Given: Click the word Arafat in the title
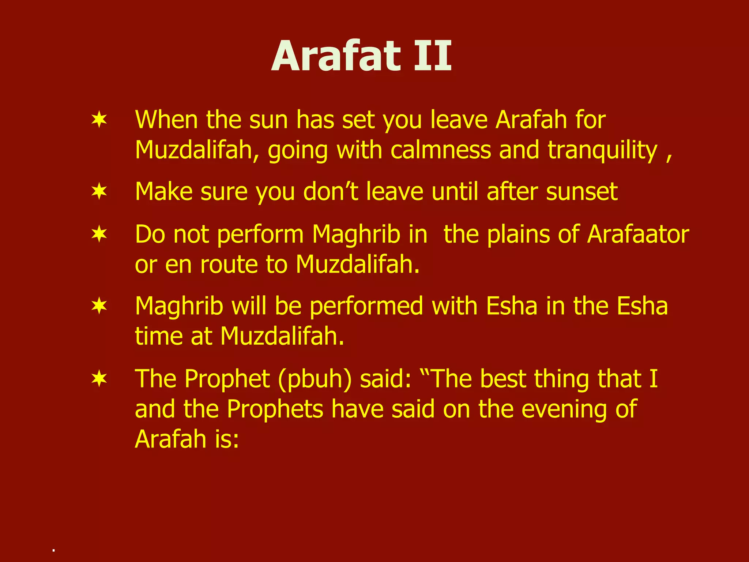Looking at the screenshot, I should tap(336, 57).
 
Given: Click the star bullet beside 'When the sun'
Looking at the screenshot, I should tap(99, 120).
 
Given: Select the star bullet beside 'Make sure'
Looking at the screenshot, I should tap(99, 191).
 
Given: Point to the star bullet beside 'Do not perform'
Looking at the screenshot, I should tap(99, 234).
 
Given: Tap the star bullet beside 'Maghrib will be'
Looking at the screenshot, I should tap(99, 306).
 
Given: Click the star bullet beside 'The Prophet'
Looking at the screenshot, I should tap(99, 378).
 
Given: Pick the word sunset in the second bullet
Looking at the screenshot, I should tap(581, 192).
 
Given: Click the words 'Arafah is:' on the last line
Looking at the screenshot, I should tap(187, 439).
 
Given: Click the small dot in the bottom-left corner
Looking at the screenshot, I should tap(53, 550).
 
